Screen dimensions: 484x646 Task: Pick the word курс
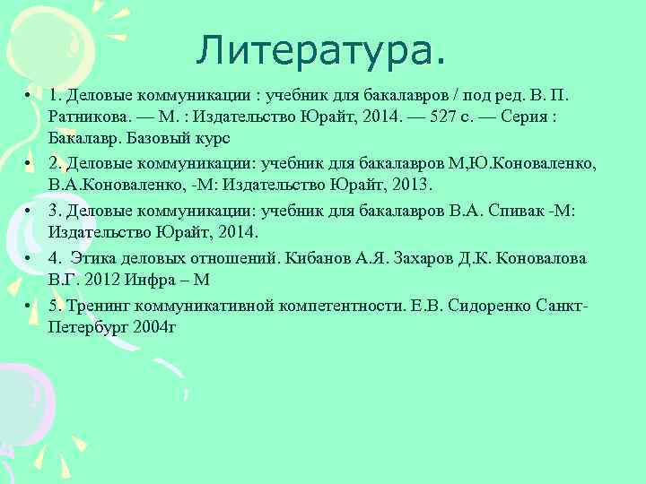click(212, 139)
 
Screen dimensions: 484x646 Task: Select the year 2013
click(411, 186)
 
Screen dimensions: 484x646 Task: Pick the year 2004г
click(153, 327)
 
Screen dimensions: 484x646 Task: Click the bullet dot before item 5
click(30, 305)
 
